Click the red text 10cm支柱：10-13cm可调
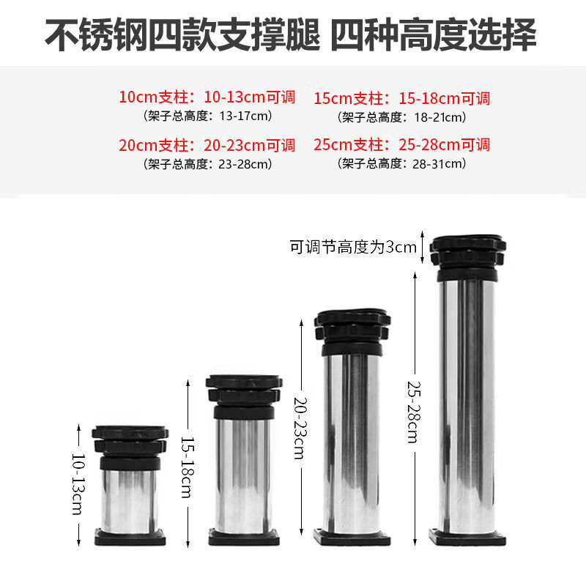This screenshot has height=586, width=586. click(x=207, y=97)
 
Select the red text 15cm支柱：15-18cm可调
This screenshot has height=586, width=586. click(x=401, y=98)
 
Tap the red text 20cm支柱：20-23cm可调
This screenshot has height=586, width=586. click(x=207, y=145)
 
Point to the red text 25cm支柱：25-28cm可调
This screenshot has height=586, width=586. click(x=401, y=145)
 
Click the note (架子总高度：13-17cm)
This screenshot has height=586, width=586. click(x=207, y=116)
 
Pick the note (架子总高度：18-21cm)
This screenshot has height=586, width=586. click(x=401, y=116)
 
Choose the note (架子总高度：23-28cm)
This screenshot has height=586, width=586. click(x=207, y=163)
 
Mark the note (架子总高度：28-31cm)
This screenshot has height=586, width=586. click(x=401, y=163)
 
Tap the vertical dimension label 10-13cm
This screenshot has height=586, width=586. click(x=77, y=483)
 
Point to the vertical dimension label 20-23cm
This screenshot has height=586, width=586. click(x=299, y=429)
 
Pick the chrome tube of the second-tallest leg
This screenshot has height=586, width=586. click(x=353, y=439)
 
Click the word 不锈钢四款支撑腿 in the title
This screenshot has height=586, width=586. click(x=183, y=35)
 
